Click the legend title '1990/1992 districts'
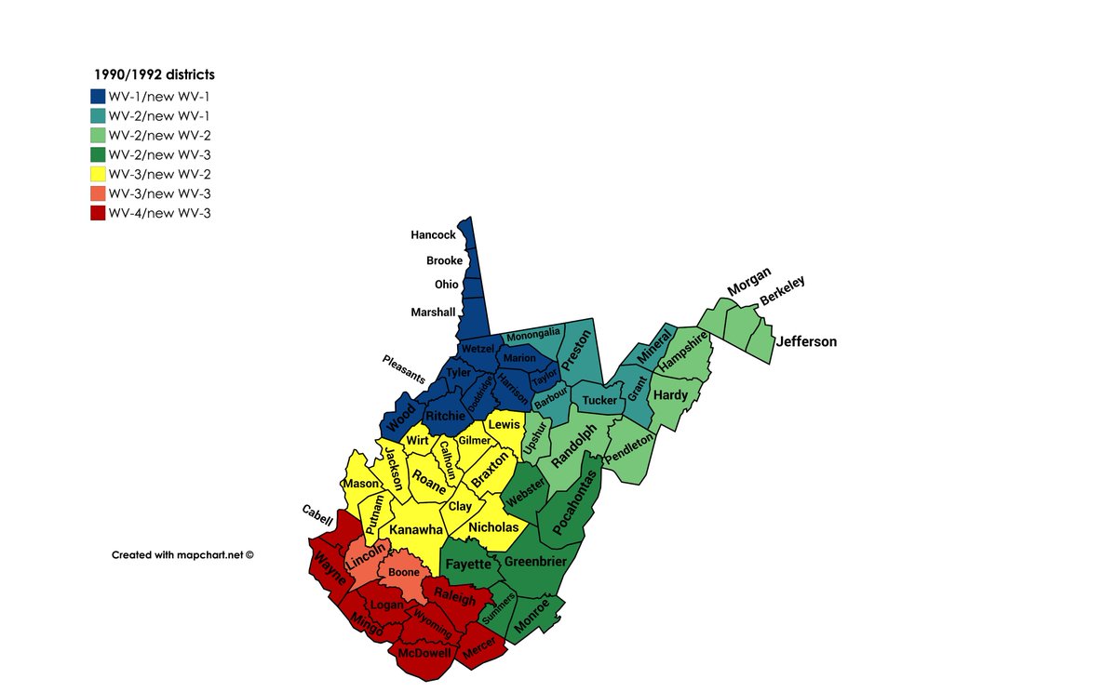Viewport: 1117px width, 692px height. click(x=154, y=74)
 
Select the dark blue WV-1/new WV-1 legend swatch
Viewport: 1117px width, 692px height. click(x=98, y=96)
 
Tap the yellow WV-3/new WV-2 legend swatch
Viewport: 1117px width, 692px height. click(x=98, y=174)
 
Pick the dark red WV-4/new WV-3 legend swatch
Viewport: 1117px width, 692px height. click(x=98, y=213)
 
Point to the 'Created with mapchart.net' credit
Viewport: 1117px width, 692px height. click(x=182, y=554)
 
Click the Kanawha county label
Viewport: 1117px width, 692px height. click(x=416, y=529)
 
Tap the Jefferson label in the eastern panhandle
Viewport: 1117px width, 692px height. click(x=807, y=341)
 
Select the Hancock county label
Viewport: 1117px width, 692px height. click(x=433, y=235)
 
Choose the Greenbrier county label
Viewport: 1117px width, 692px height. click(x=534, y=561)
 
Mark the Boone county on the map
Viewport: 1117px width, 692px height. click(x=403, y=573)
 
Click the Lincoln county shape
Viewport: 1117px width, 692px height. click(x=365, y=560)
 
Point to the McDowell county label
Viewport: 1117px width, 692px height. click(x=424, y=653)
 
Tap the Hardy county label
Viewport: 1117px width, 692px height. click(x=670, y=395)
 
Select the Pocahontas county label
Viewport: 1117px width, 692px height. click(x=574, y=502)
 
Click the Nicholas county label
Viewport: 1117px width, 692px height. click(x=494, y=527)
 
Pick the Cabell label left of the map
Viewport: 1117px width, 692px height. click(x=316, y=515)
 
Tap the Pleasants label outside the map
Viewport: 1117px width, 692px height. click(x=402, y=369)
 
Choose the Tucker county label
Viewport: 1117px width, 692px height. click(x=599, y=401)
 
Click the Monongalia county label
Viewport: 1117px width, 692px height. click(x=532, y=332)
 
